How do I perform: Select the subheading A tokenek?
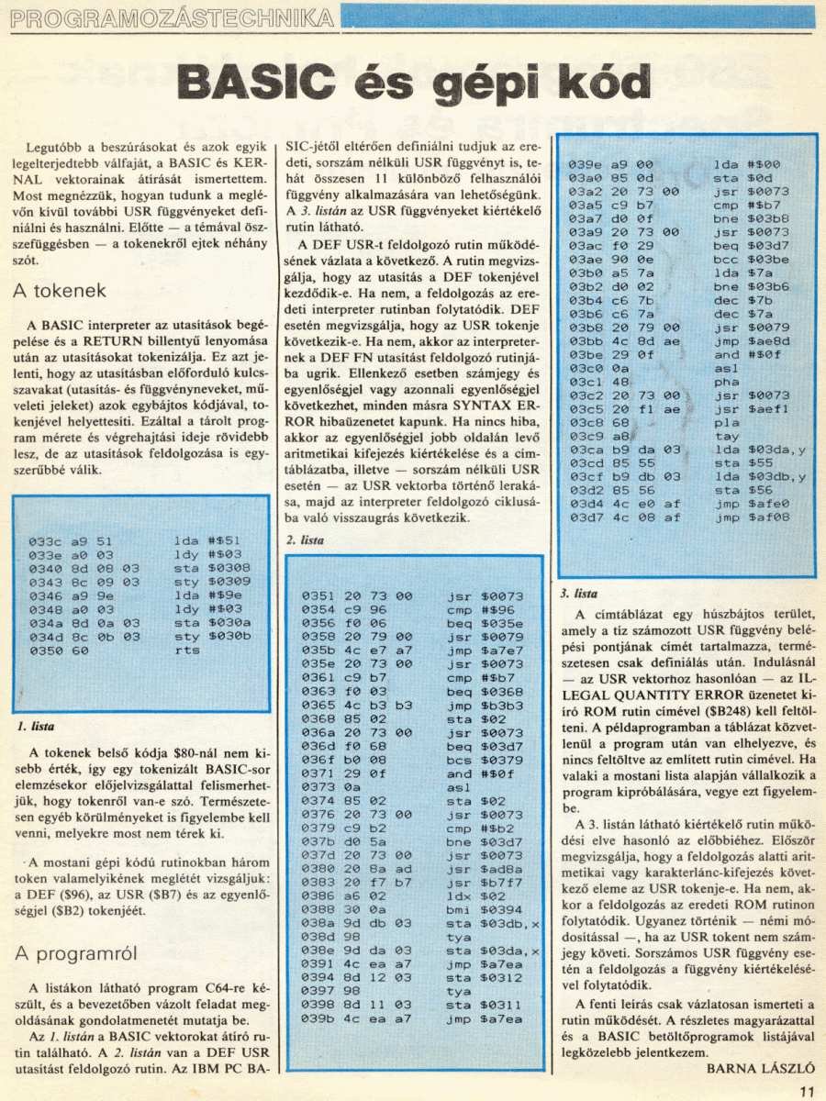click(x=61, y=291)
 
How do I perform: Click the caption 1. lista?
click(x=36, y=726)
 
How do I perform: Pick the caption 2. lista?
click(x=305, y=540)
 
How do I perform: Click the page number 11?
click(x=807, y=1091)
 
